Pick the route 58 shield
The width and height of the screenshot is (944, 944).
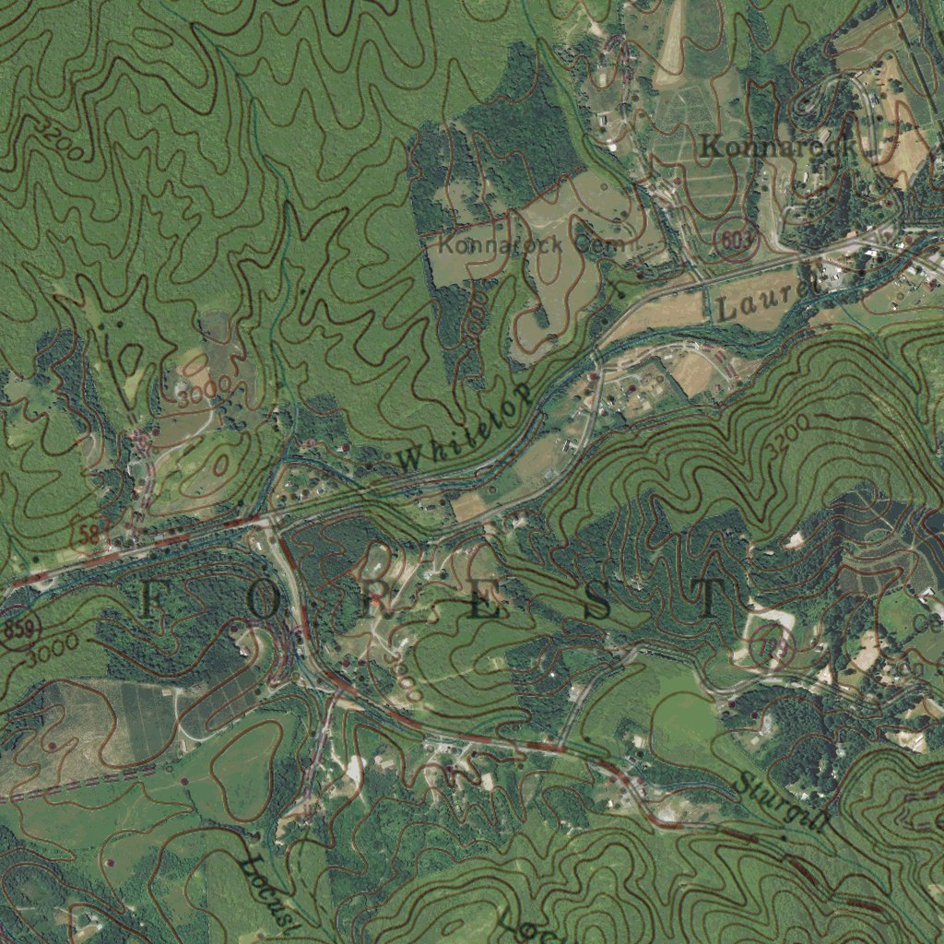point(90,530)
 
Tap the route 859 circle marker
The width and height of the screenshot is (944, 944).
point(17,631)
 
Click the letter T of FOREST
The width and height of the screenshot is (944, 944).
point(711,600)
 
